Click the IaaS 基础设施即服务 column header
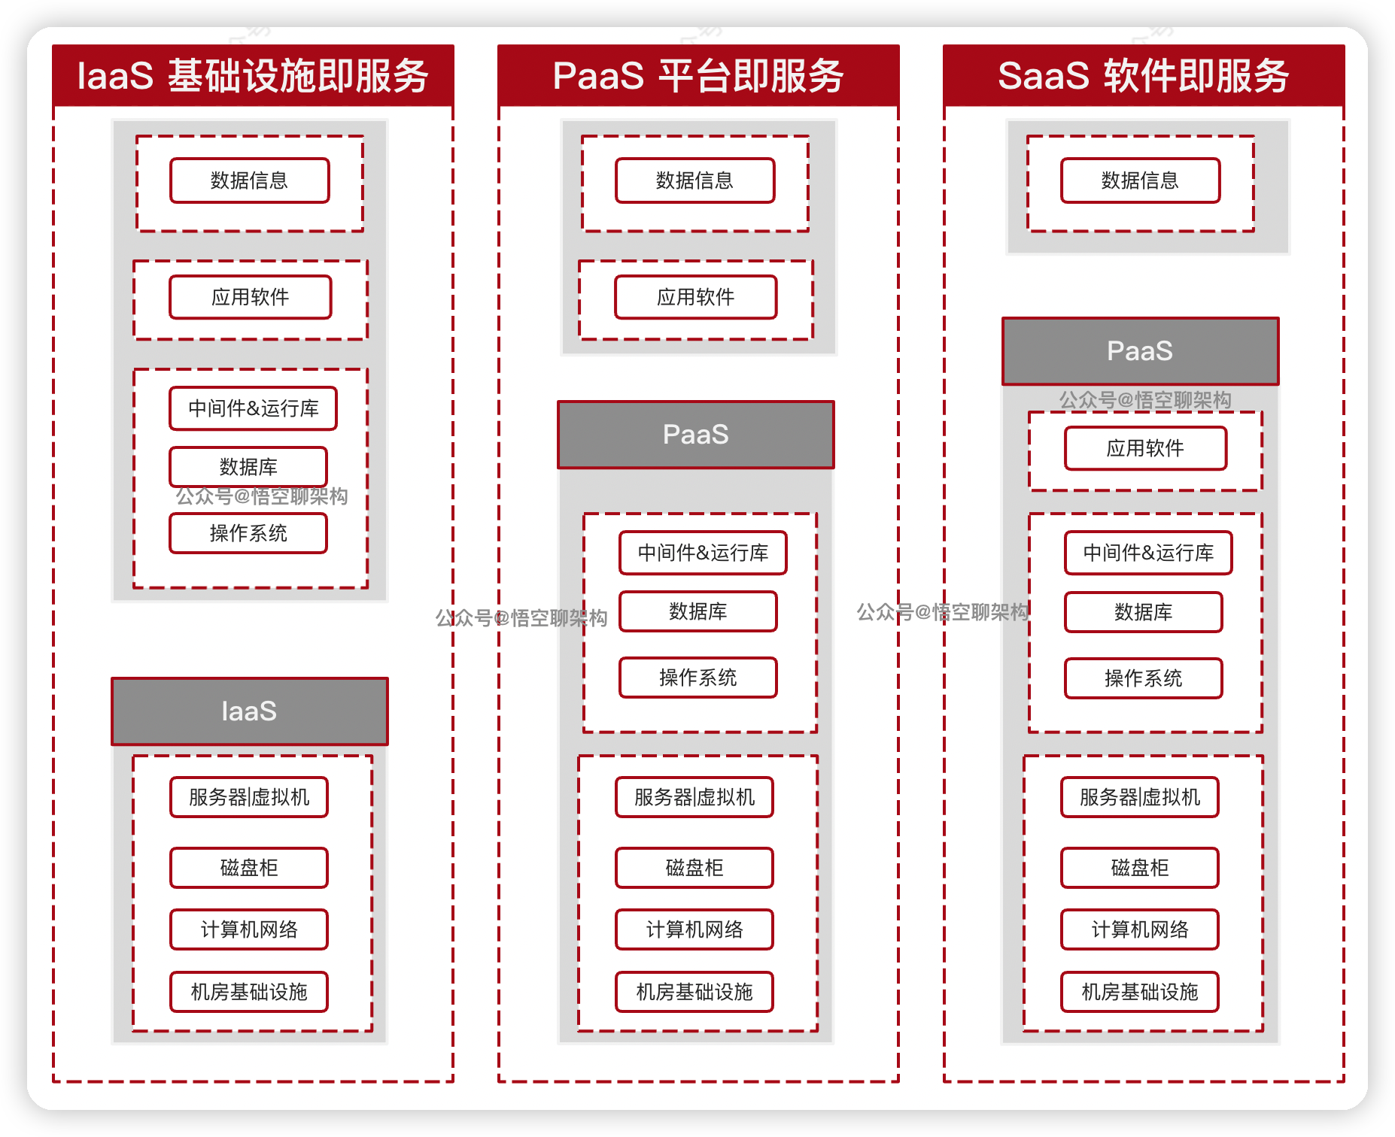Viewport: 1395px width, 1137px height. pyautogui.click(x=253, y=75)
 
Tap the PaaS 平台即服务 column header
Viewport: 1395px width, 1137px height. pyautogui.click(x=698, y=75)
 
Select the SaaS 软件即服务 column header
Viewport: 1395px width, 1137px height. pyautogui.click(x=1144, y=75)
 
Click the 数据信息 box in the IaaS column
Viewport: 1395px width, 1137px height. pyautogui.click(x=250, y=180)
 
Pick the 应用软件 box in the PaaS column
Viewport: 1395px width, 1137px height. pyautogui.click(x=695, y=297)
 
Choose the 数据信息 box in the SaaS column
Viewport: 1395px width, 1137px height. pyautogui.click(x=1140, y=180)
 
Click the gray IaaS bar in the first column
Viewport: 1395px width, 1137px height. pyautogui.click(x=250, y=711)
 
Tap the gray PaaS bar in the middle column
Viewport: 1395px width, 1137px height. pyautogui.click(x=695, y=435)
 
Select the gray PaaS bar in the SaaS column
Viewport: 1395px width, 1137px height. pyautogui.click(x=1140, y=351)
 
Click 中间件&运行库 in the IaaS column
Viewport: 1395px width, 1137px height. pyautogui.click(x=253, y=408)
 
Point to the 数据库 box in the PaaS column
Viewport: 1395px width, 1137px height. pyautogui.click(x=697, y=611)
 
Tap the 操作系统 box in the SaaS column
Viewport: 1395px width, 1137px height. pyautogui.click(x=1143, y=678)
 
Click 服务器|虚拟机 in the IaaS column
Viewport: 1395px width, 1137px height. pyautogui.click(x=249, y=797)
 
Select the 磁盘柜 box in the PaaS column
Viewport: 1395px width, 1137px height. pyautogui.click(x=694, y=868)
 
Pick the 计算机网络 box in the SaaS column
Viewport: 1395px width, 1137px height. pyautogui.click(x=1139, y=929)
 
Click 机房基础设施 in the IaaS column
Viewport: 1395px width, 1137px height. pyautogui.click(x=249, y=992)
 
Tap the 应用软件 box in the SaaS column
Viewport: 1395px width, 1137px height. pyautogui.click(x=1145, y=449)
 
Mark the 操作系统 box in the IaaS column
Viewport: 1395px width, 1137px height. pyautogui.click(x=248, y=533)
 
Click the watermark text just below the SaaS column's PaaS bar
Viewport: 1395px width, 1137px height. pyautogui.click(x=1145, y=400)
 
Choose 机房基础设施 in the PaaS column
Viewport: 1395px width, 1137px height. pyautogui.click(x=694, y=992)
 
